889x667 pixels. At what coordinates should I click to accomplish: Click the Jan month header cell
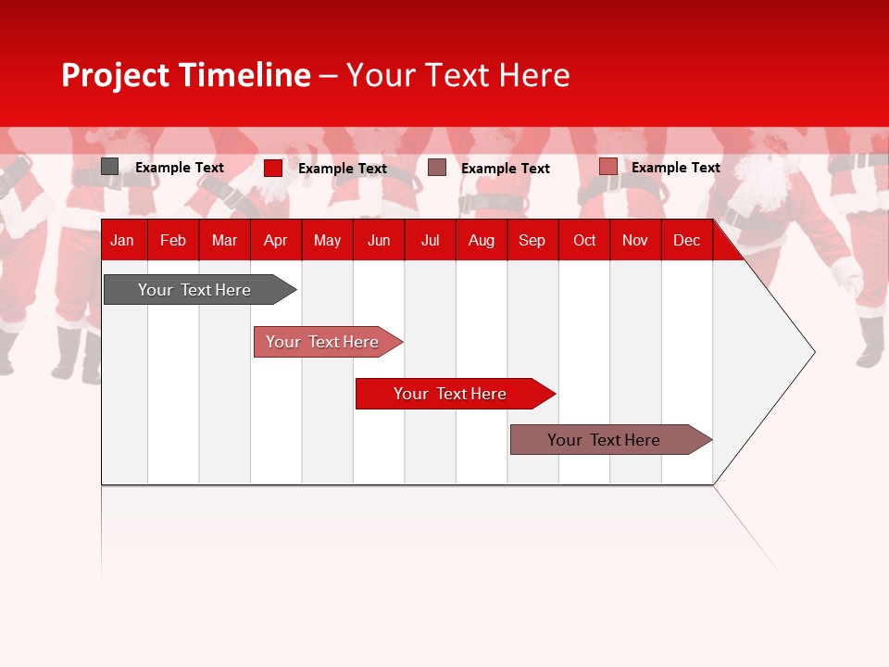(122, 241)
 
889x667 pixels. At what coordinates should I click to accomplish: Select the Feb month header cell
(173, 241)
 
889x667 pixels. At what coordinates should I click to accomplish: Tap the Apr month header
(275, 241)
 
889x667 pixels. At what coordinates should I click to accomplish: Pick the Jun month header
(379, 241)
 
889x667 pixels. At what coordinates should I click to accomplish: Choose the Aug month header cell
(481, 241)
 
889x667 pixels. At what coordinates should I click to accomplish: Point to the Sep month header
(532, 241)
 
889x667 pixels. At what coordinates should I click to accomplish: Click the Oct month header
(584, 241)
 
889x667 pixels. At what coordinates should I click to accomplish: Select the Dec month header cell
(686, 241)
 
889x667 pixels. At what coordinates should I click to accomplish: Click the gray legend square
(110, 167)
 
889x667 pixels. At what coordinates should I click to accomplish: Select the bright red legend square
(273, 168)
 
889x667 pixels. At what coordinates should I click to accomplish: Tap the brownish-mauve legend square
(437, 168)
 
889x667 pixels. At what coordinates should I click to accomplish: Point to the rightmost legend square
(607, 167)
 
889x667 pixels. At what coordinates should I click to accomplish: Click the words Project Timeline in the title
(186, 75)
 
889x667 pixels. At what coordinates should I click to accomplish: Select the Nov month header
(635, 241)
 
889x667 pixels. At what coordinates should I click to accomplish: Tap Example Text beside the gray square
(180, 168)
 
